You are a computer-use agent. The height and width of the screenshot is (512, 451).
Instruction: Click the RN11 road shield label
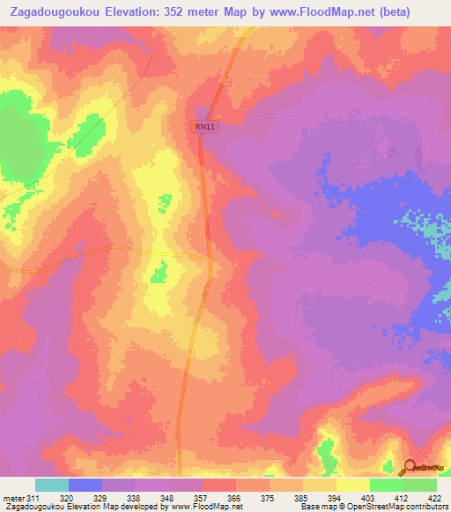pyautogui.click(x=205, y=128)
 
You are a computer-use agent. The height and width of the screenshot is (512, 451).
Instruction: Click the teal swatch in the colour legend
pyautogui.click(x=52, y=485)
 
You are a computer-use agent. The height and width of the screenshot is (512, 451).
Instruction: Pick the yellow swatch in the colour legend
pyautogui.click(x=353, y=485)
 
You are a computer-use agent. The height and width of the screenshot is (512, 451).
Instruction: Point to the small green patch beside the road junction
pyautogui.click(x=159, y=273)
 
